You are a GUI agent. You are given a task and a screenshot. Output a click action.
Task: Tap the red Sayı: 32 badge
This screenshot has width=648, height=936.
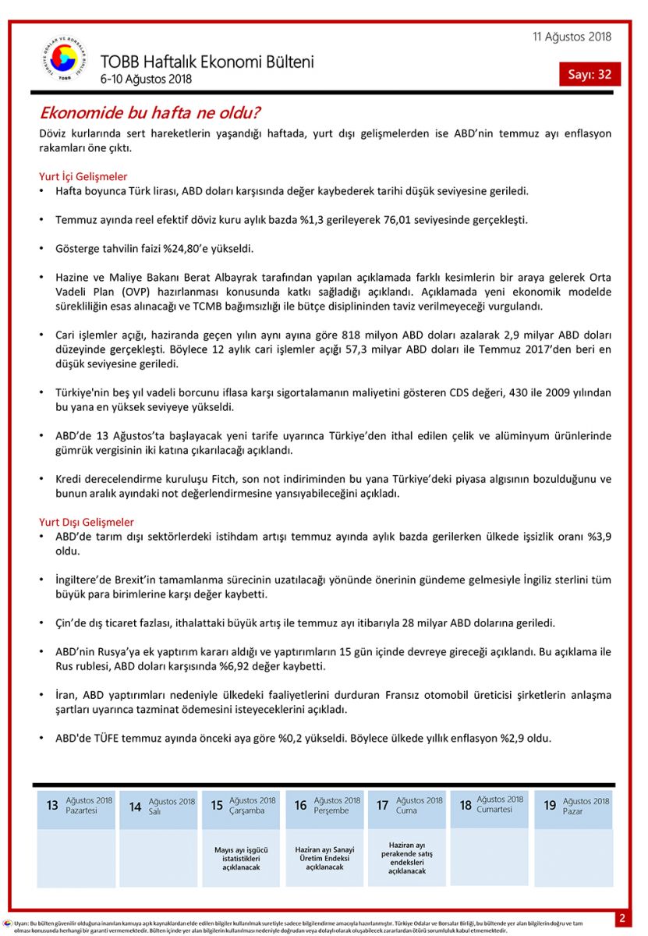590,74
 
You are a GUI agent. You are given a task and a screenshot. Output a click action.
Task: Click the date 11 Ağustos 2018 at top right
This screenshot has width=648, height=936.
572,37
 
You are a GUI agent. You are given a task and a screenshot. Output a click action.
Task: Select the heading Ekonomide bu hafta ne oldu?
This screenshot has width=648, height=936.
150,112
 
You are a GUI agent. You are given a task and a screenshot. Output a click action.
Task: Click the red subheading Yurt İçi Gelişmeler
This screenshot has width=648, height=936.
83,176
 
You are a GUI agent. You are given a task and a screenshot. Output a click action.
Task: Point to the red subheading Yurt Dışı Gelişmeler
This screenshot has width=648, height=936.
87,522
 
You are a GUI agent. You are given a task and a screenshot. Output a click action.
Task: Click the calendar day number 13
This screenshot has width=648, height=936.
52,805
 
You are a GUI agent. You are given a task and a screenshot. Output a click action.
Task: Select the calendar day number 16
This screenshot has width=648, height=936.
300,805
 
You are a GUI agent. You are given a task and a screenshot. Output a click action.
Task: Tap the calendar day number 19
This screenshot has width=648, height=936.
550,805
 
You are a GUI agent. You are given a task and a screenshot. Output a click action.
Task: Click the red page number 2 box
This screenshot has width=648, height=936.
622,918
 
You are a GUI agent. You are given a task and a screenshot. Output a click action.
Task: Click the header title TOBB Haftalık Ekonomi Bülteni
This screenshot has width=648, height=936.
207,62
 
